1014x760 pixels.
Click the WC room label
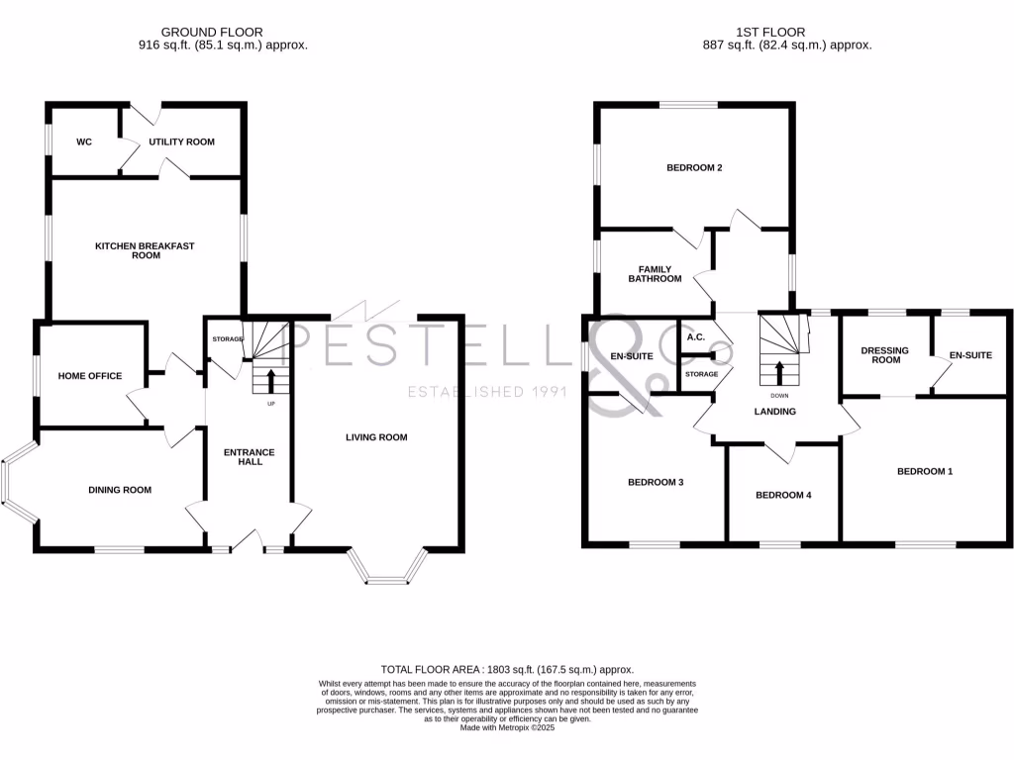[x=84, y=142]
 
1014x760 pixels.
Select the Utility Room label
[x=181, y=142]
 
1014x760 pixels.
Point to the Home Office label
[x=90, y=376]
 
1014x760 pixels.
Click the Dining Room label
[x=120, y=490]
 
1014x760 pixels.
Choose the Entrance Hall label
[x=249, y=457]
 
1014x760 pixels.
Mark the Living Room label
[x=376, y=437]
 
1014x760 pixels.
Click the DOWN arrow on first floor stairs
[x=779, y=373]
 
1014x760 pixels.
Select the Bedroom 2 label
[x=693, y=168]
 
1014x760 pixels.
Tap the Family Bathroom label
[x=655, y=274]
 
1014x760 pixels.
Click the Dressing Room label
[x=884, y=355]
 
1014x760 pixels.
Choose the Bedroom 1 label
[x=924, y=472]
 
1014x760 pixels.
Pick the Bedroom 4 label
[x=782, y=495]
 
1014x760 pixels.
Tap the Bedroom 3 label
[x=656, y=483]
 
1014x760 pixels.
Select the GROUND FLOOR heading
[x=212, y=33]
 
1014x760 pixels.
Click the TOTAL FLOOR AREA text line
[x=507, y=670]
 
